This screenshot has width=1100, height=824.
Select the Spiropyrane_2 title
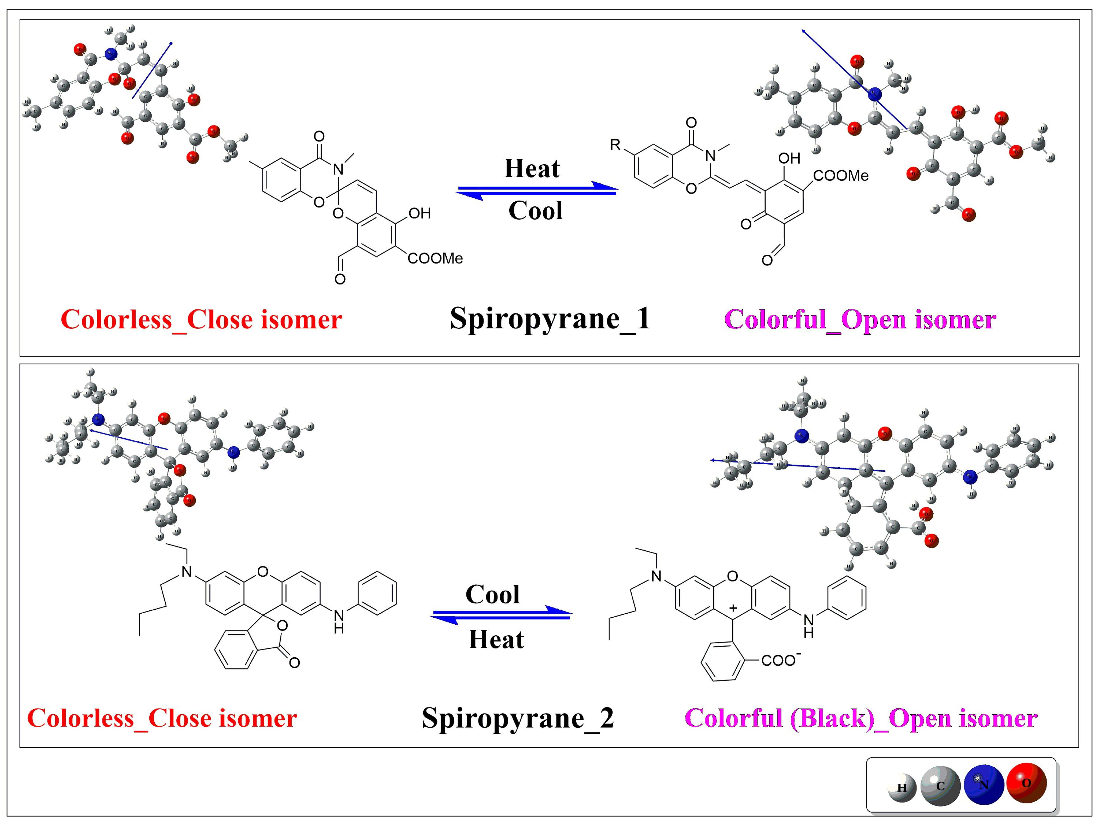coord(518,718)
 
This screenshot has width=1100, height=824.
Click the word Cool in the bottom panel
coord(492,594)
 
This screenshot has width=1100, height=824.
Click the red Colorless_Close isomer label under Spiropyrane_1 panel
coord(202,320)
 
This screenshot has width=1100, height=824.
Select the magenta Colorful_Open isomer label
coord(860,320)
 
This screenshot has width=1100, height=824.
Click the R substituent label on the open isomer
coord(615,145)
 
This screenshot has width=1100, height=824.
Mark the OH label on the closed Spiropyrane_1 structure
coord(419,214)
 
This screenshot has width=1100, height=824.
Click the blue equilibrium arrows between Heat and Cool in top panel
coord(537,190)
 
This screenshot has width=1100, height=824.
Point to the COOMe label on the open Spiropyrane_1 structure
coord(840,175)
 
